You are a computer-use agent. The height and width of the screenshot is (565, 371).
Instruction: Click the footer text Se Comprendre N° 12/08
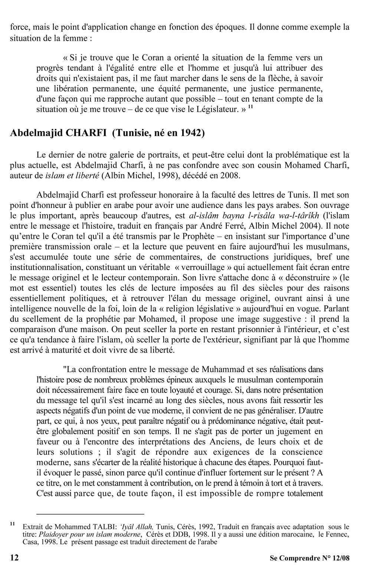tap(310, 558)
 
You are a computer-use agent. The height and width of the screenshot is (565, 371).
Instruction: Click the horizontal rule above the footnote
tap(90, 514)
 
